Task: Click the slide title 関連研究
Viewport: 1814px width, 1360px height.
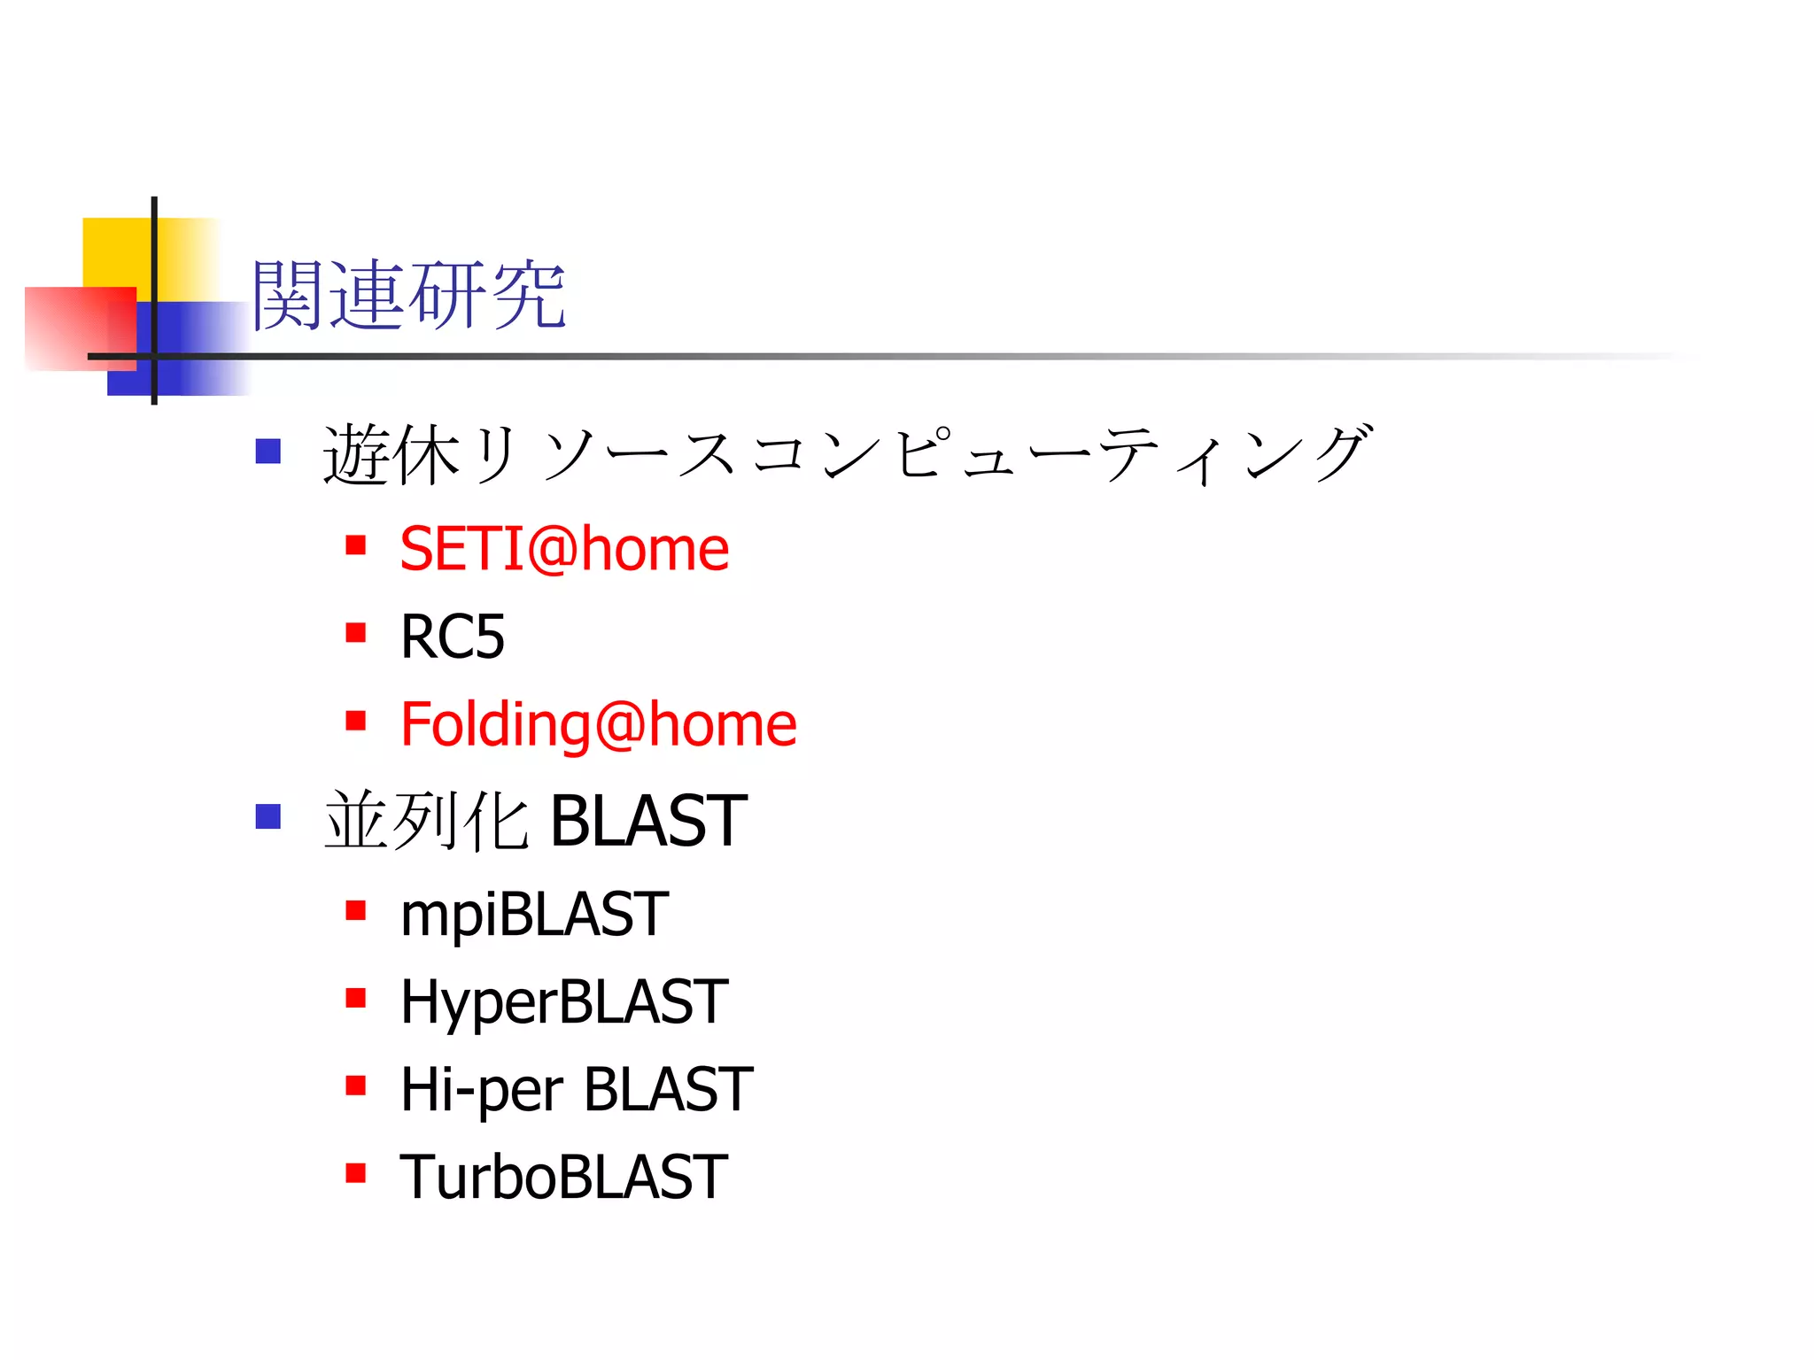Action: click(x=408, y=296)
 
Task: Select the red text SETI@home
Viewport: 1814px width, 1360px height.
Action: click(x=564, y=549)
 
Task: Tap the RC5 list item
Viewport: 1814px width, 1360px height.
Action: click(x=452, y=637)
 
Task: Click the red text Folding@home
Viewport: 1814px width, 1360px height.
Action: click(x=598, y=724)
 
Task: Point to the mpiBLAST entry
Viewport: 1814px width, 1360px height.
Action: click(x=534, y=914)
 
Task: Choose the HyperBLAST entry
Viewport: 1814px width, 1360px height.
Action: click(x=564, y=1001)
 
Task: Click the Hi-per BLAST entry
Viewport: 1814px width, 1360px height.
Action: click(x=577, y=1089)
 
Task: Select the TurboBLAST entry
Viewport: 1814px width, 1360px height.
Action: click(x=564, y=1177)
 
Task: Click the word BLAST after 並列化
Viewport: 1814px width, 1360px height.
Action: click(x=648, y=821)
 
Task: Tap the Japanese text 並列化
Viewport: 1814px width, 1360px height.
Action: click(x=427, y=821)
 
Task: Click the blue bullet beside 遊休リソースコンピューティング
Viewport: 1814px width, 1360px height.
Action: click(x=267, y=452)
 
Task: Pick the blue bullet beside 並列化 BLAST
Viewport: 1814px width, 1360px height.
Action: click(x=267, y=816)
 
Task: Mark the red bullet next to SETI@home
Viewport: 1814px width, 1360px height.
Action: click(x=356, y=545)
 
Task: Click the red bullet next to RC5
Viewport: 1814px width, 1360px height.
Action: click(x=356, y=633)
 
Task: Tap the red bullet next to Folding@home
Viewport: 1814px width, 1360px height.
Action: click(x=356, y=721)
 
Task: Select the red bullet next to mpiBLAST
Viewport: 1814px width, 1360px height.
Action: click(x=356, y=910)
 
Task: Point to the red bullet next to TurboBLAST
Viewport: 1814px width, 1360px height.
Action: click(x=356, y=1173)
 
